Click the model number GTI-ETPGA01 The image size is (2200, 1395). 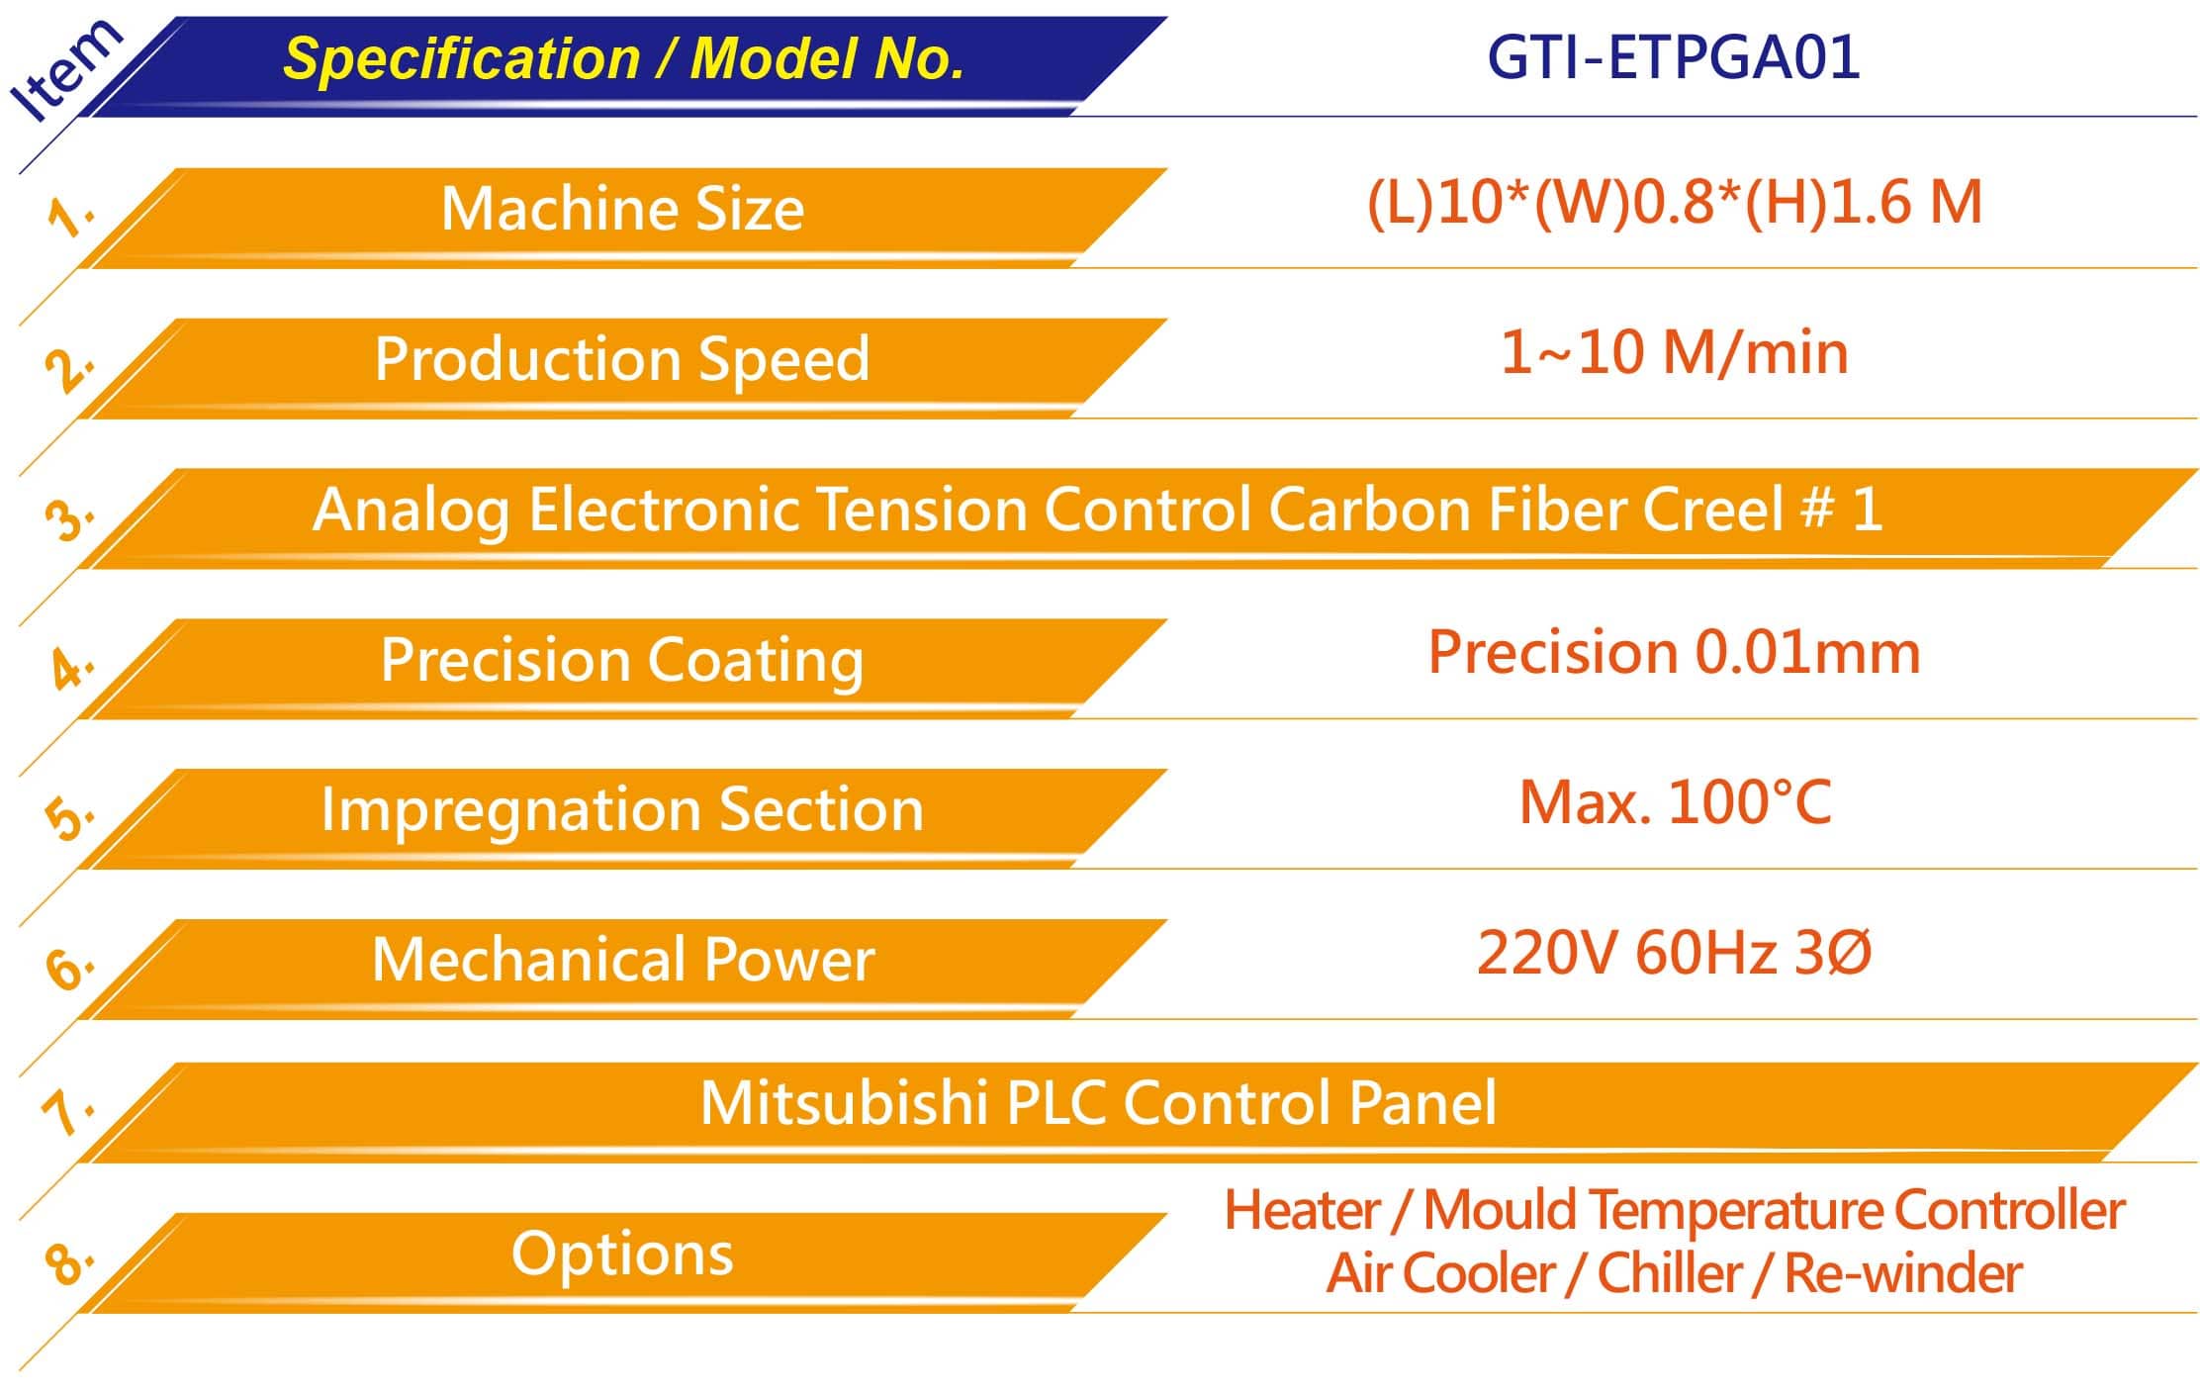pos(1674,56)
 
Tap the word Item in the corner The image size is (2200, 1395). pos(64,70)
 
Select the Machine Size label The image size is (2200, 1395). pos(622,209)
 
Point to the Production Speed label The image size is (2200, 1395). pos(622,358)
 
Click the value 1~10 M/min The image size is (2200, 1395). pos(1674,352)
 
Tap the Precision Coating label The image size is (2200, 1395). pos(622,660)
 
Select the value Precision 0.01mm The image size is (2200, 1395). pos(1674,653)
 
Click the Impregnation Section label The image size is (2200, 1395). pos(622,810)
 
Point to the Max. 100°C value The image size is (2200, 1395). pos(1674,802)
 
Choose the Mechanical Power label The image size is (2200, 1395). pos(622,960)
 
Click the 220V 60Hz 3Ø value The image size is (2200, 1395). pos(1674,953)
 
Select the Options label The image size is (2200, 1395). pos(622,1255)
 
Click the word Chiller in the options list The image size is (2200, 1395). pos(1670,1273)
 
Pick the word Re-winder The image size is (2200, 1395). pos(1902,1273)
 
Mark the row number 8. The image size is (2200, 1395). pos(68,1262)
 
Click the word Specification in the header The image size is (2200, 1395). pos(462,59)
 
